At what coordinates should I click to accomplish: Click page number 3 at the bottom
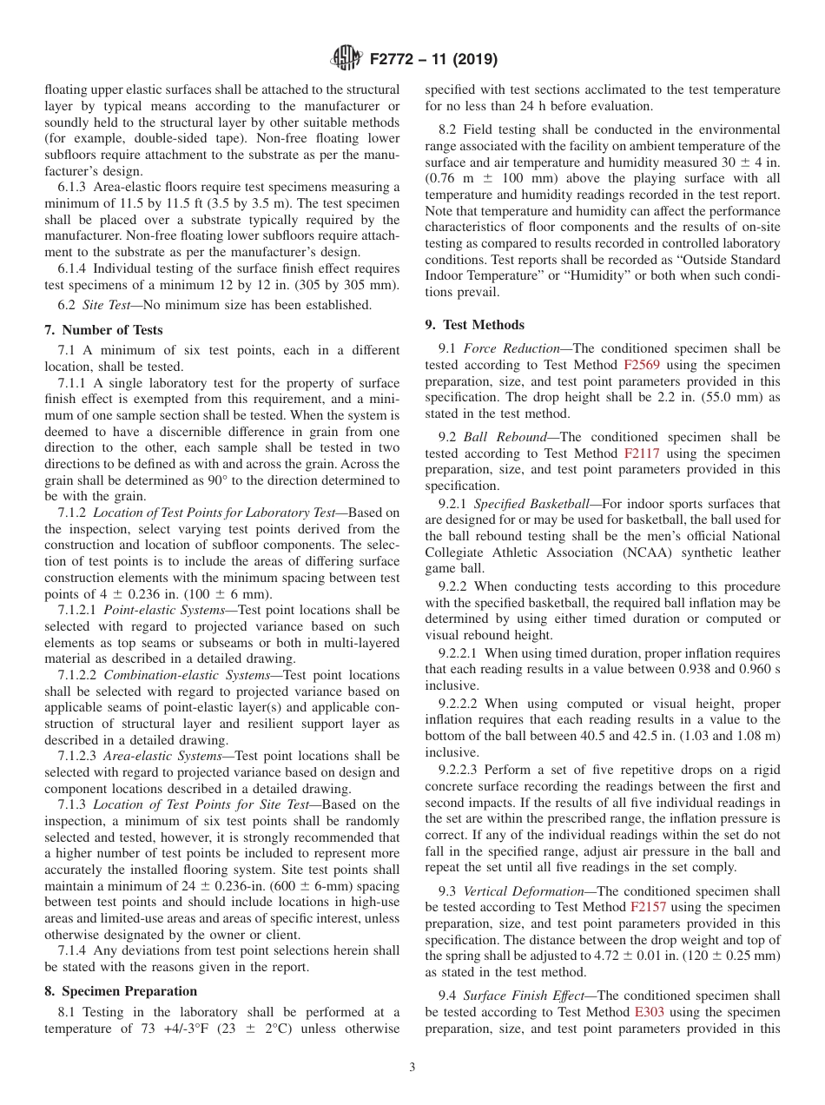tap(412, 1068)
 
